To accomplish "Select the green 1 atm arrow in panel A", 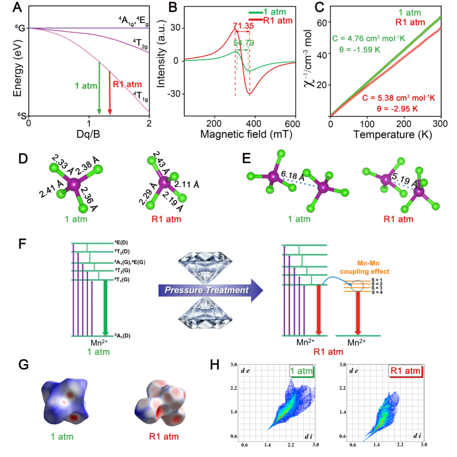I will [99, 86].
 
